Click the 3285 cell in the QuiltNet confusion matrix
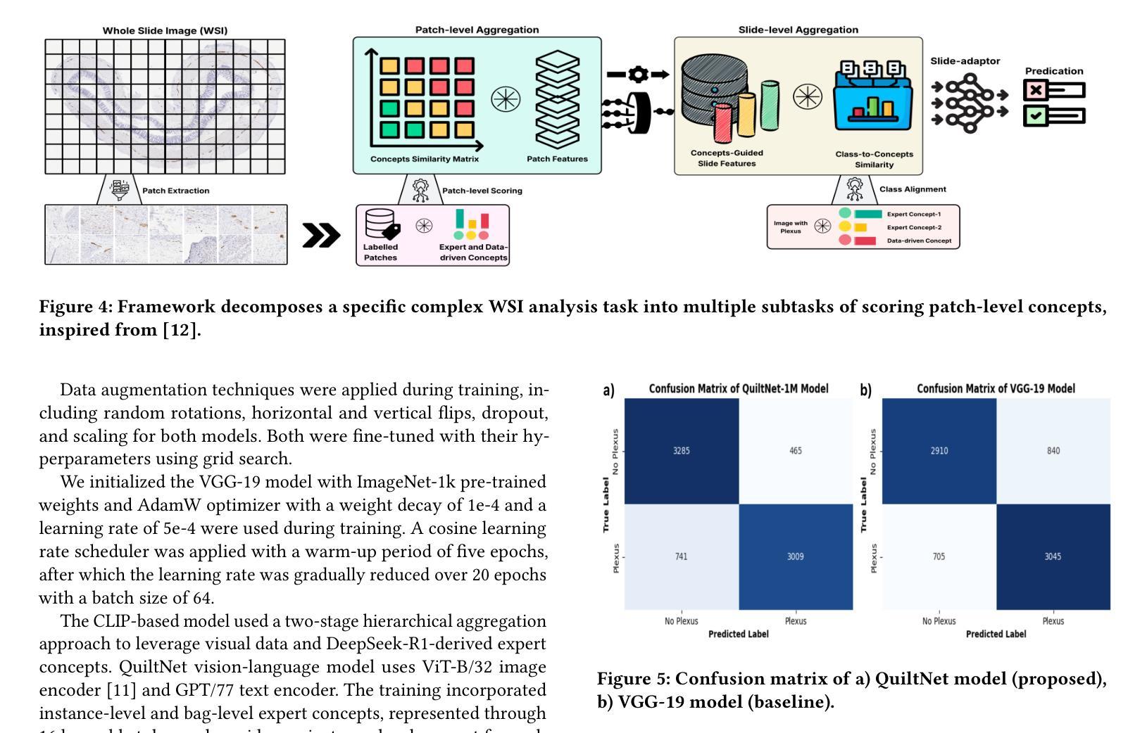point(681,451)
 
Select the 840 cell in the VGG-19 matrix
point(1053,451)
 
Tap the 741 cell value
point(681,556)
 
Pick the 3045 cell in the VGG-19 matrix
point(1053,556)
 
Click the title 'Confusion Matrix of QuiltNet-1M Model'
point(738,388)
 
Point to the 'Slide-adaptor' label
point(965,61)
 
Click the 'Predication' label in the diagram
point(1053,71)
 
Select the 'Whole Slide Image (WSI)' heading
point(165,30)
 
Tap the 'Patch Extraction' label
point(175,191)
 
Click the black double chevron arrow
point(321,236)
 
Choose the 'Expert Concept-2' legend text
point(913,227)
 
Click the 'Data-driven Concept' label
point(918,241)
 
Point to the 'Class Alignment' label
point(913,189)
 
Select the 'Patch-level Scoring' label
point(482,191)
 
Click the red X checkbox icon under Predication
point(1035,90)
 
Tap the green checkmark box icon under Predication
point(1035,115)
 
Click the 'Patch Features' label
point(557,159)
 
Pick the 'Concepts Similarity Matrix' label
point(424,159)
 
